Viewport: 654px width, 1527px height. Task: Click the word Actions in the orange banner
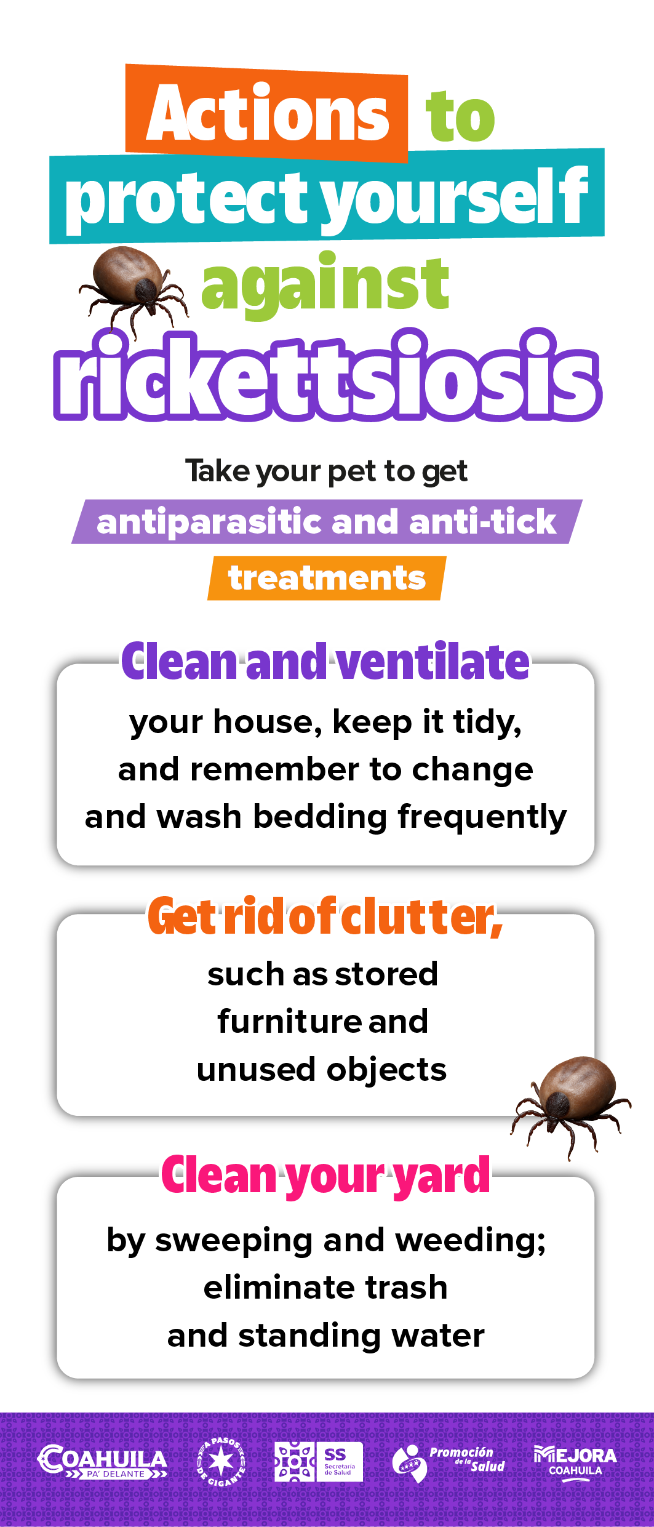[x=268, y=113]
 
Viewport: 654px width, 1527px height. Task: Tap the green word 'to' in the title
[x=461, y=116]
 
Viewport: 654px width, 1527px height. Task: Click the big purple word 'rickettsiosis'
[x=327, y=375]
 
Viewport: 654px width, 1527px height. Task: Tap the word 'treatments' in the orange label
[x=327, y=579]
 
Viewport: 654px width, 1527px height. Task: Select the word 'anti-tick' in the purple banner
[x=482, y=521]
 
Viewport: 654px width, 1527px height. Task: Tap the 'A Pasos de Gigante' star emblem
[x=221, y=1462]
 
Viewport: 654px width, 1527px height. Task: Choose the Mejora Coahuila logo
[x=575, y=1462]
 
